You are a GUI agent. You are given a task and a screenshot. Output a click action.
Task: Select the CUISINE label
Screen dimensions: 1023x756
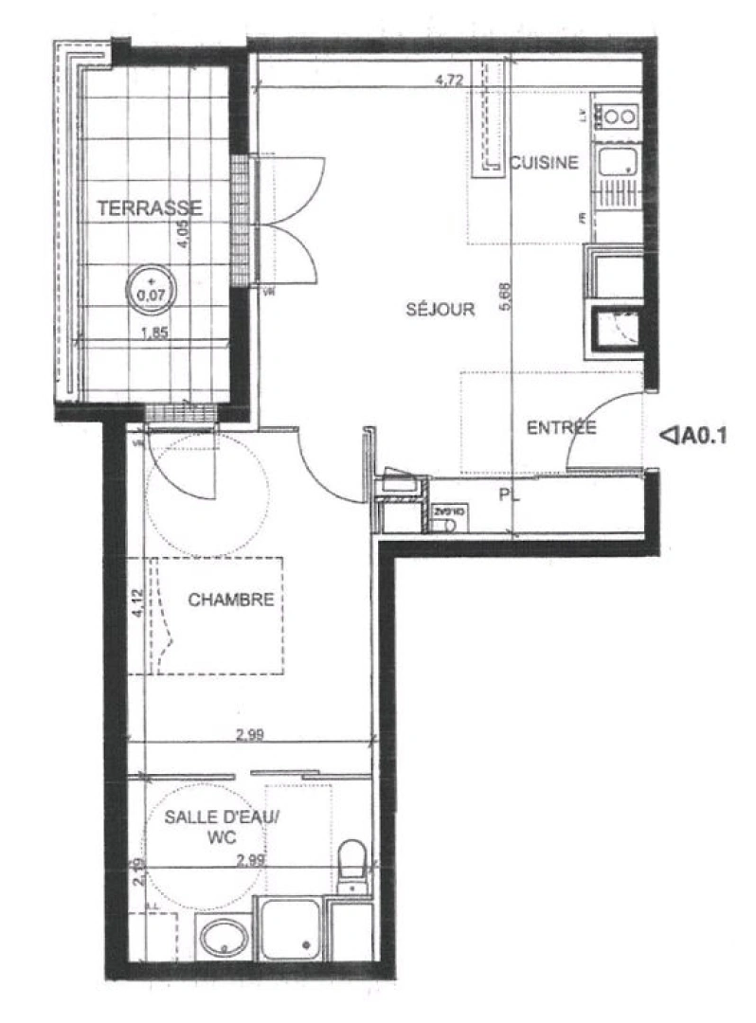pos(543,162)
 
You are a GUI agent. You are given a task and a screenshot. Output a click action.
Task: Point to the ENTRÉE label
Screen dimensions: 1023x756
pos(561,428)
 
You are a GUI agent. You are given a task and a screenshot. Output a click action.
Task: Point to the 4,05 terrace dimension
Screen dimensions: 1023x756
pos(187,233)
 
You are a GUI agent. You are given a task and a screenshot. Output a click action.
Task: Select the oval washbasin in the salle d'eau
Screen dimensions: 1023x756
pos(224,937)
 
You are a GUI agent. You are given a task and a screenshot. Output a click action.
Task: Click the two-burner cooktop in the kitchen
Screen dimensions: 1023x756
pos(619,117)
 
